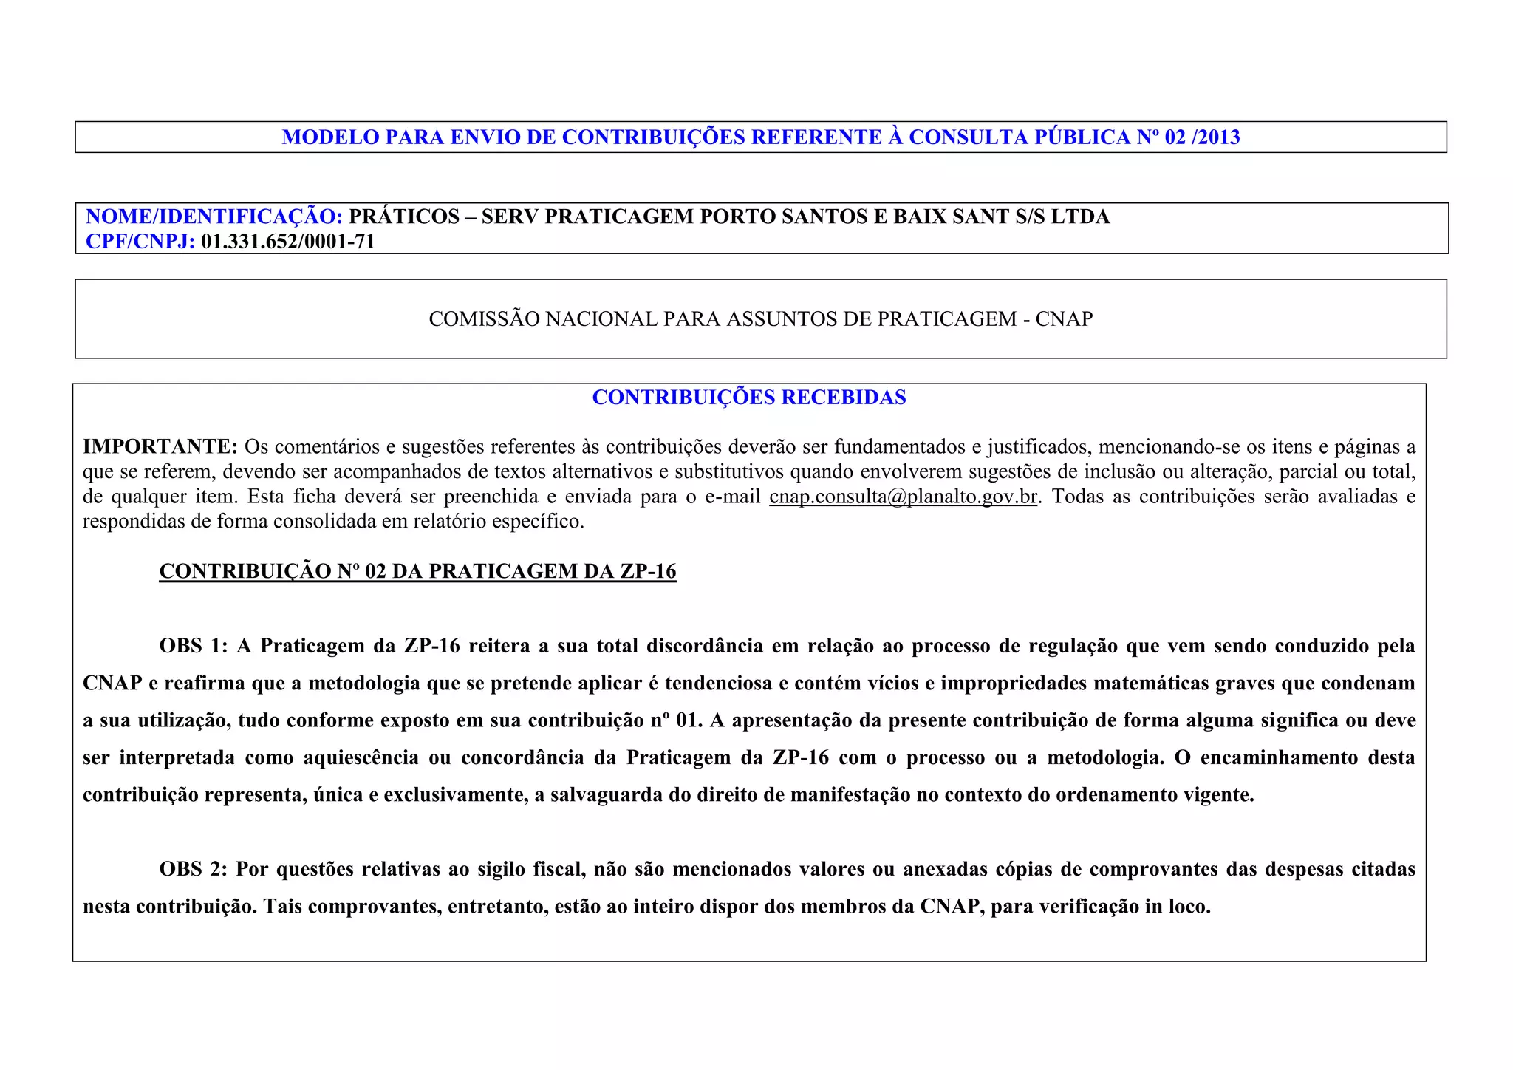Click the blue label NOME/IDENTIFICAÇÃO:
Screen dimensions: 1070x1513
pyautogui.click(x=214, y=217)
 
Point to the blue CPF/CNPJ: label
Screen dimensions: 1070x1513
pyautogui.click(x=140, y=242)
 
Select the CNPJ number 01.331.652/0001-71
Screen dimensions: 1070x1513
pyautogui.click(x=288, y=242)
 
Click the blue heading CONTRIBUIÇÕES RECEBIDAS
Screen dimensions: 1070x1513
pyautogui.click(x=749, y=398)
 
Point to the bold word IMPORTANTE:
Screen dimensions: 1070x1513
pyautogui.click(x=160, y=447)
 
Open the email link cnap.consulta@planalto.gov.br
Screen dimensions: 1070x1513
pyautogui.click(x=903, y=497)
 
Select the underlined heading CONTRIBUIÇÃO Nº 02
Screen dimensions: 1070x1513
pyautogui.click(x=417, y=571)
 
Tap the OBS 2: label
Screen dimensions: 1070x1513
pyautogui.click(x=194, y=869)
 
